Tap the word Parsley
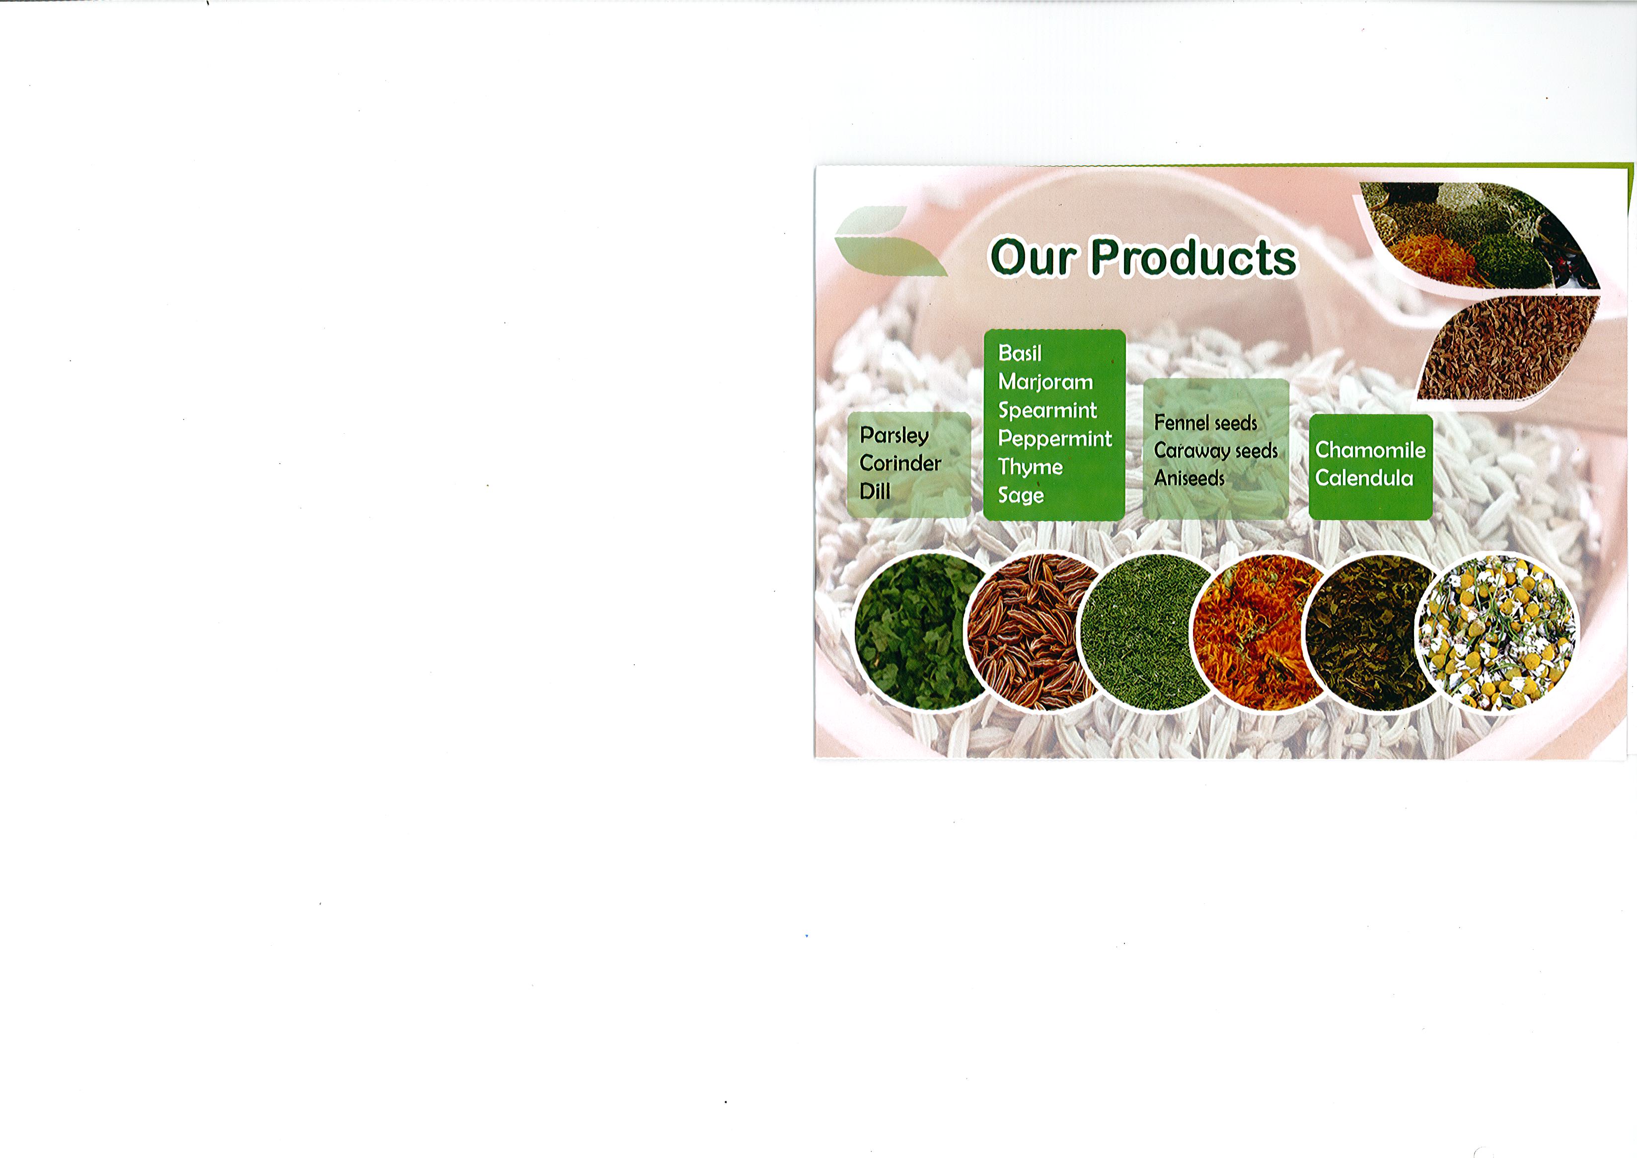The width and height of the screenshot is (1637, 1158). click(894, 435)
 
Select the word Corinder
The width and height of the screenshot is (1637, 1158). click(900, 463)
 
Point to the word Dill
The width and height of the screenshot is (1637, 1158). click(875, 491)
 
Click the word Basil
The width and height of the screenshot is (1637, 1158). click(1020, 353)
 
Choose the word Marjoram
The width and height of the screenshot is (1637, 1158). click(1045, 382)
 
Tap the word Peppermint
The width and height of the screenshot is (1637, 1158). click(1054, 439)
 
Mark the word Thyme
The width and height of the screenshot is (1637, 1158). click(1030, 467)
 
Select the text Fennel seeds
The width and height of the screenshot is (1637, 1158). click(1205, 423)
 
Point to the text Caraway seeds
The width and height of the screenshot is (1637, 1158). click(1216, 451)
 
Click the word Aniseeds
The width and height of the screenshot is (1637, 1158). click(1189, 478)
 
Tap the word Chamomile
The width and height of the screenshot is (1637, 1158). click(1370, 450)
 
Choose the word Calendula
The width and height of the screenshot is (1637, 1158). click(1364, 478)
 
